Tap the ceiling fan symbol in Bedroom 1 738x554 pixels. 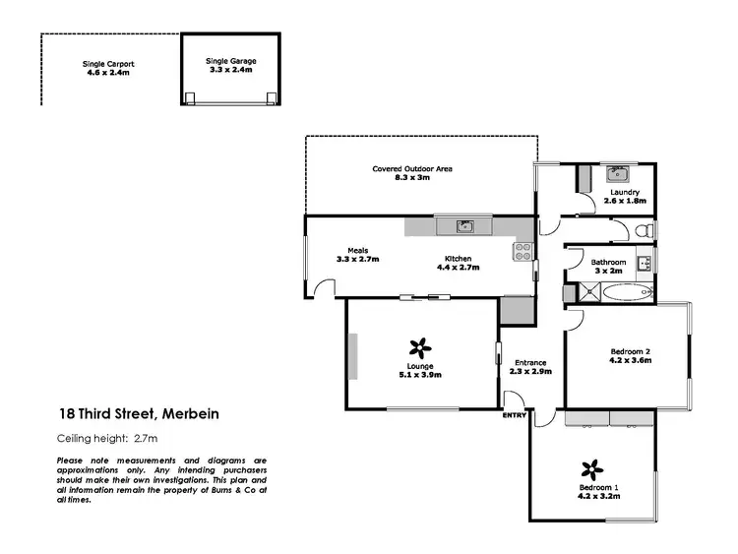(590, 467)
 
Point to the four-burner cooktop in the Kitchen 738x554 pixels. (522, 252)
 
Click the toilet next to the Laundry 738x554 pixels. (643, 230)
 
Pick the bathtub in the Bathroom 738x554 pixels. (625, 292)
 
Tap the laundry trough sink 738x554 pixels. (618, 175)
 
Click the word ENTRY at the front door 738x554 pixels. (515, 415)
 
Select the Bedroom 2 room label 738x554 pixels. (631, 351)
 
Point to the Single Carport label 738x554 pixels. (107, 64)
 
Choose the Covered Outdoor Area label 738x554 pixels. (412, 168)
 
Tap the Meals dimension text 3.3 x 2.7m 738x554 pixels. (357, 259)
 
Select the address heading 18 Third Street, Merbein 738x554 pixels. (136, 414)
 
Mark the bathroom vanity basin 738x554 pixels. (644, 263)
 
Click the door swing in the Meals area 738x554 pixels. (324, 288)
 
